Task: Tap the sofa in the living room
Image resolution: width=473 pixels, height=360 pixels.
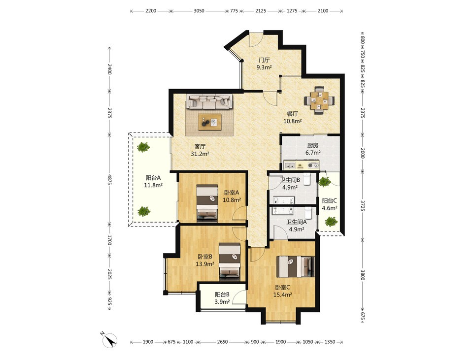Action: (x=209, y=101)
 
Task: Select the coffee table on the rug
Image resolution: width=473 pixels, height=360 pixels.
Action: (x=210, y=122)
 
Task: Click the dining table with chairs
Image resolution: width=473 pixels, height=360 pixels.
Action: (x=319, y=100)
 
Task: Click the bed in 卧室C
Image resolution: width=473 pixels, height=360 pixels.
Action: (x=296, y=266)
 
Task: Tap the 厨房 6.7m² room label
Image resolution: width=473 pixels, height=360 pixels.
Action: (x=312, y=149)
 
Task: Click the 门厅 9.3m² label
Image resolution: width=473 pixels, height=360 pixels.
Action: (x=264, y=64)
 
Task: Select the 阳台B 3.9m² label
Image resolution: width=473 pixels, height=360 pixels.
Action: (x=222, y=297)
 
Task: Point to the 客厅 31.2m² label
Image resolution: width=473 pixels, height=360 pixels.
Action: (x=200, y=150)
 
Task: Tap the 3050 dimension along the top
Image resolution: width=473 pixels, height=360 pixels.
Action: (x=199, y=11)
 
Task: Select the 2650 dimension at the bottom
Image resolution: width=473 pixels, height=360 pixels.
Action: (x=222, y=342)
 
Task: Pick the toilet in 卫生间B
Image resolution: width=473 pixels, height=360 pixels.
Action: (x=307, y=178)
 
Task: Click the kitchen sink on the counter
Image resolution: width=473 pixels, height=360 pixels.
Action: (x=291, y=165)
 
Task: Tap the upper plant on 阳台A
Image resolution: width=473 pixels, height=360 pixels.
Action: (x=143, y=147)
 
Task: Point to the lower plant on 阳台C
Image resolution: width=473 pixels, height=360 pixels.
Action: (x=331, y=222)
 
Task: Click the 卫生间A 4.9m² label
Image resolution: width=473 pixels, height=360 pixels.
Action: (x=296, y=226)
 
